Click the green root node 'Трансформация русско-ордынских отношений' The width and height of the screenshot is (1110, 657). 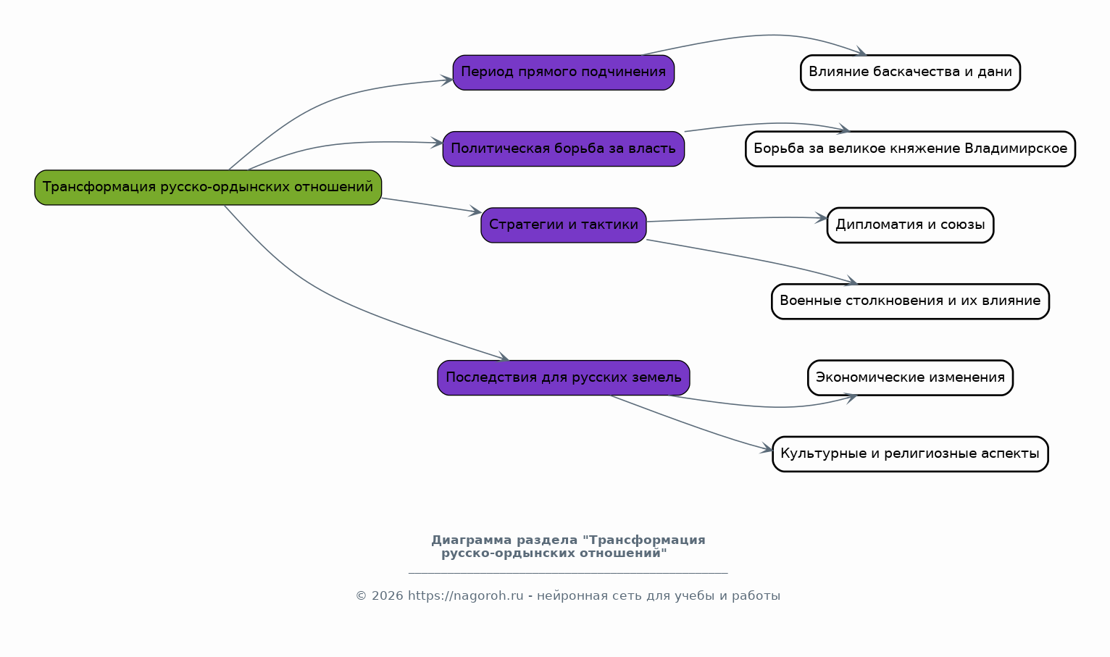click(x=208, y=188)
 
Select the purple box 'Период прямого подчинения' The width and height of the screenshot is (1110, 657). click(x=564, y=72)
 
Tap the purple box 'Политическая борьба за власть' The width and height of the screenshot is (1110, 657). click(x=564, y=148)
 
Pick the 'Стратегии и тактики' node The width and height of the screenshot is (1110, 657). click(x=564, y=225)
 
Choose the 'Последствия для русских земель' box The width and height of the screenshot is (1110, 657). click(x=564, y=377)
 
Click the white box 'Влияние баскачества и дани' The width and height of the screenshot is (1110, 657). click(x=910, y=72)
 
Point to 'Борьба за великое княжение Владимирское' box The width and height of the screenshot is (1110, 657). click(x=910, y=148)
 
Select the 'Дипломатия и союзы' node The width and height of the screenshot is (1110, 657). click(x=910, y=225)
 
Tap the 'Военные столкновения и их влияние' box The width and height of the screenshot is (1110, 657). click(x=910, y=301)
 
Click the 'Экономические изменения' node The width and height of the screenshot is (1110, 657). click(x=910, y=377)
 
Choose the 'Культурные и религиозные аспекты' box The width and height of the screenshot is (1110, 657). click(x=910, y=454)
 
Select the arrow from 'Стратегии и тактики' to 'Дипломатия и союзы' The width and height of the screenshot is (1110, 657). click(x=738, y=218)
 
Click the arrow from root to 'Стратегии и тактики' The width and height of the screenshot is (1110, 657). click(x=432, y=206)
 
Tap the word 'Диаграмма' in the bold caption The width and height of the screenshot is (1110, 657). click(x=471, y=540)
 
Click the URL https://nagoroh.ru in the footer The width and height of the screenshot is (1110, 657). click(x=465, y=595)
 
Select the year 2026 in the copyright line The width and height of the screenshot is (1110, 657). click(x=388, y=595)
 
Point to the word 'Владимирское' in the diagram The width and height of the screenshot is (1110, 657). click(x=1016, y=148)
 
